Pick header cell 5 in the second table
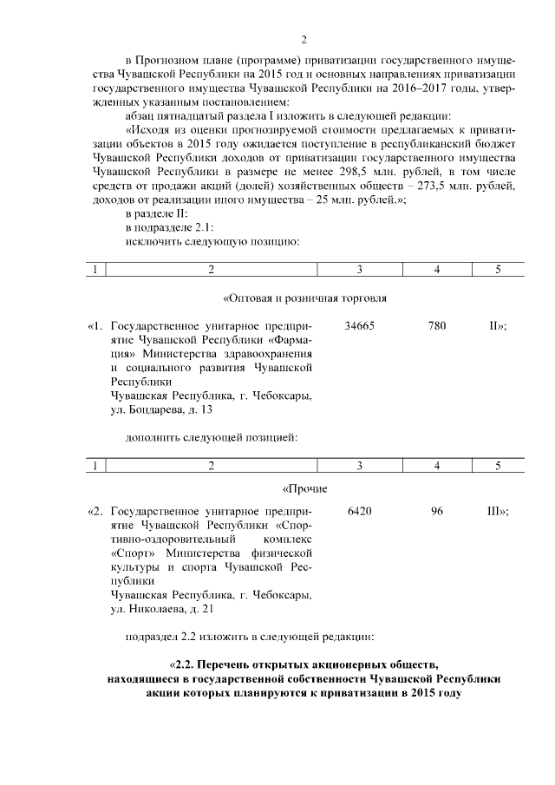(498, 467)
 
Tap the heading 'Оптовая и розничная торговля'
(304, 298)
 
